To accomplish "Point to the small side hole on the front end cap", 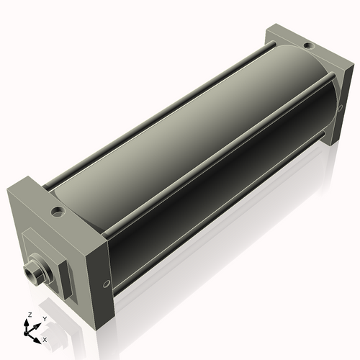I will click(x=107, y=284).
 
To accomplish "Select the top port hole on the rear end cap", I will click(x=308, y=46).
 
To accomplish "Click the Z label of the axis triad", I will click(x=28, y=315).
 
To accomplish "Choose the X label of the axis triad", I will click(x=45, y=338).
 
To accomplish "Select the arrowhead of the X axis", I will click(x=38, y=336).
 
